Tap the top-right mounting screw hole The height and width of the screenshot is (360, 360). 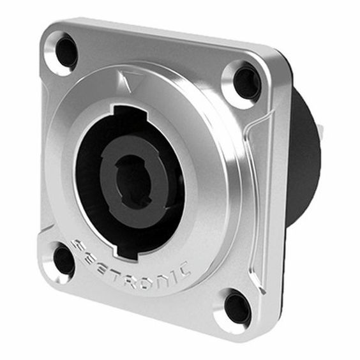246,82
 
